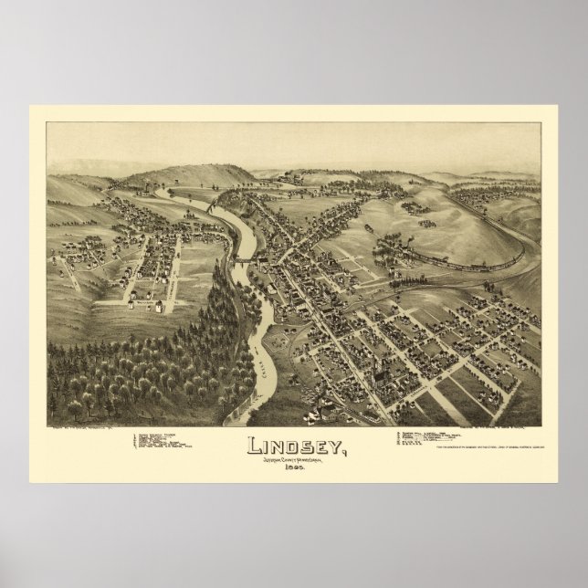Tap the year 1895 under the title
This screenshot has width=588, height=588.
(x=294, y=467)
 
